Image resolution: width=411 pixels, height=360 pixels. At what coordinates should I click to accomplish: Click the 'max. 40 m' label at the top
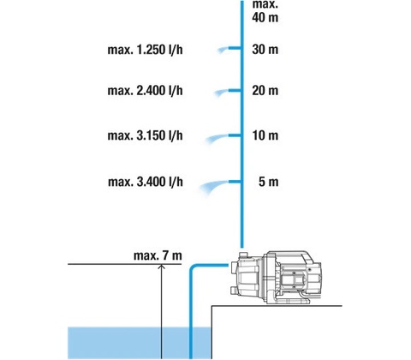(265, 11)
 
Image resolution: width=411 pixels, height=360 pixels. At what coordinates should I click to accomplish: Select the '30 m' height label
(265, 50)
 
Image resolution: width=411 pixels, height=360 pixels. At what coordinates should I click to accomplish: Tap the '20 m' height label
(265, 91)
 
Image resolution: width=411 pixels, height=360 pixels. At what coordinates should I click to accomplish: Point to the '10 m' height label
(265, 135)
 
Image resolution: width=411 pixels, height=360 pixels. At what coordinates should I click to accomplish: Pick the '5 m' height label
(268, 182)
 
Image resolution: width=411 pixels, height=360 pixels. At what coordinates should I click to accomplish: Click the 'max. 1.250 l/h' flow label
(145, 50)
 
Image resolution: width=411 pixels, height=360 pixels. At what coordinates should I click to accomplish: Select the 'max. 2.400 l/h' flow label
(145, 91)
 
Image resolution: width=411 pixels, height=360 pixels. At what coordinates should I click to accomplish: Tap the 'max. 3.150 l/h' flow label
(145, 135)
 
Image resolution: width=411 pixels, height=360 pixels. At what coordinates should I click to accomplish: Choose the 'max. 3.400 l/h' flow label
(146, 182)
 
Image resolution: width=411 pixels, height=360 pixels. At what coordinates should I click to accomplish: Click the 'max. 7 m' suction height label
(158, 255)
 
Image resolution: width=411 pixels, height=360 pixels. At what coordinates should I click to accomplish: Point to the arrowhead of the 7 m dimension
(162, 267)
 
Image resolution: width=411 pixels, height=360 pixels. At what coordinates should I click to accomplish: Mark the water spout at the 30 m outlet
(223, 51)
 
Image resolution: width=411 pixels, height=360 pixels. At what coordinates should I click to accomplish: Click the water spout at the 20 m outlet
(221, 93)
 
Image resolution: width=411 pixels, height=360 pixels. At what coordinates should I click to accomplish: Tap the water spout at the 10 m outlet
(217, 138)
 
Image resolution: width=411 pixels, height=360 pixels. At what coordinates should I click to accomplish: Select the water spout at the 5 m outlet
(213, 186)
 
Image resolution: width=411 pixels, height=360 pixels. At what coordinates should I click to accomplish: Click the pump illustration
(275, 278)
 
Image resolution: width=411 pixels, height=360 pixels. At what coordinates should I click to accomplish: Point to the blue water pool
(140, 343)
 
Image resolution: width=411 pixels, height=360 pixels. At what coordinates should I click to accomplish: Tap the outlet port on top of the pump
(242, 255)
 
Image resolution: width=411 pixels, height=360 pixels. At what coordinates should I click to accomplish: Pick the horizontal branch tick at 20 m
(235, 91)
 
